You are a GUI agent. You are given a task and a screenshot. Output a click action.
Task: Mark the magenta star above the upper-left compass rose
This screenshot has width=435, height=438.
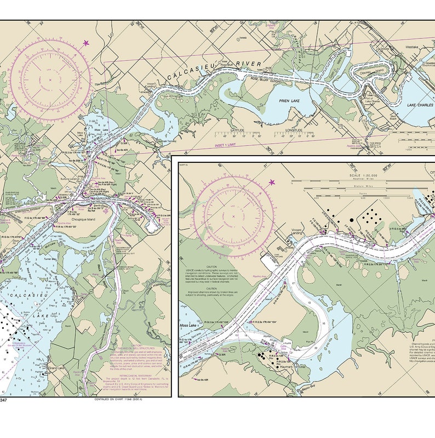[x=85, y=43]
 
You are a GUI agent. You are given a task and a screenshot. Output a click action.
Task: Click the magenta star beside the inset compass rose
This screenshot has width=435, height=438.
[x=272, y=182]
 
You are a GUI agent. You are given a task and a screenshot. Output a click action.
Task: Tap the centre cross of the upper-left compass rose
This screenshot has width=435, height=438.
[x=50, y=80]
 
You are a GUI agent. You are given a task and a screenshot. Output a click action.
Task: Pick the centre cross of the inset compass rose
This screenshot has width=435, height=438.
[x=233, y=217]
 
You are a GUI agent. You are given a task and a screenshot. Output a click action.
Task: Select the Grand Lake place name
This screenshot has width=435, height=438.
[x=57, y=367]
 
